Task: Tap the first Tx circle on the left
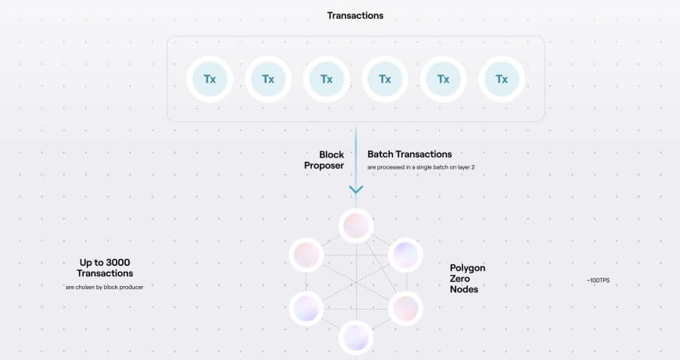tap(209, 78)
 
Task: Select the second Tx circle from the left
tap(268, 78)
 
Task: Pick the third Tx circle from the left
tap(326, 78)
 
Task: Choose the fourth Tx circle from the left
tap(385, 78)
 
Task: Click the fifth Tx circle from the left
tap(444, 78)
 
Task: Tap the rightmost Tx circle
tap(502, 78)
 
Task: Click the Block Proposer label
tap(325, 160)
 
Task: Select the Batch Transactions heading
tap(410, 154)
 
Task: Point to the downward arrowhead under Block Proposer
tap(355, 190)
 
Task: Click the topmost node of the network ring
tap(355, 224)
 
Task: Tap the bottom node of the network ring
tap(355, 336)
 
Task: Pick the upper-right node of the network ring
tap(404, 254)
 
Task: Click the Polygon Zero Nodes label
tap(468, 278)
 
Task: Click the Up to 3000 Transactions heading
tap(105, 268)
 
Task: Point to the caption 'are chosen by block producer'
tap(105, 287)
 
